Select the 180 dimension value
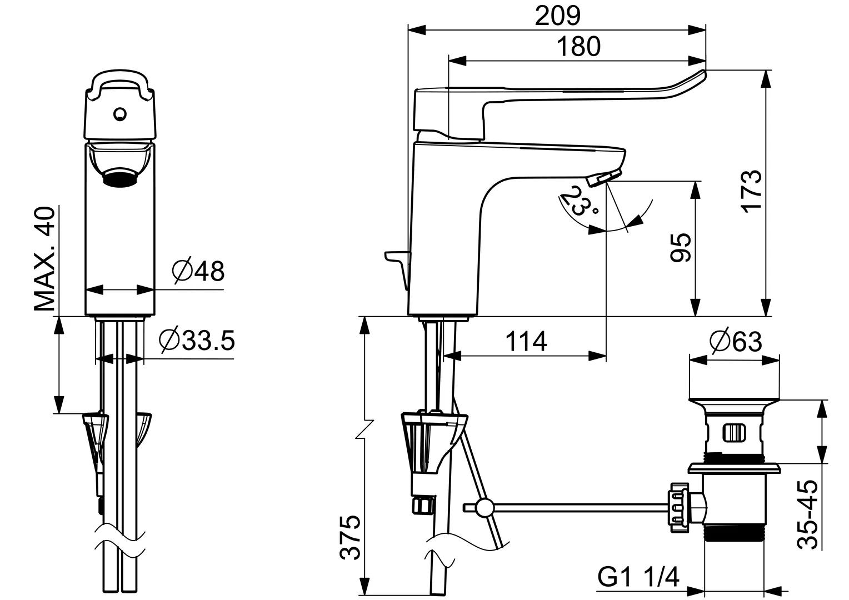[x=578, y=47]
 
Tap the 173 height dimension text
[x=750, y=191]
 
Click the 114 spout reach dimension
[x=526, y=341]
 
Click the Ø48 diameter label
[x=198, y=271]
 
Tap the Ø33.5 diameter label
[x=197, y=341]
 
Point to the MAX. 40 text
[x=45, y=258]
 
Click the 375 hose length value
[x=351, y=537]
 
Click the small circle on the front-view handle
[x=119, y=114]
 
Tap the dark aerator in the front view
[x=120, y=178]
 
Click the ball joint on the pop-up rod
[x=484, y=507]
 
